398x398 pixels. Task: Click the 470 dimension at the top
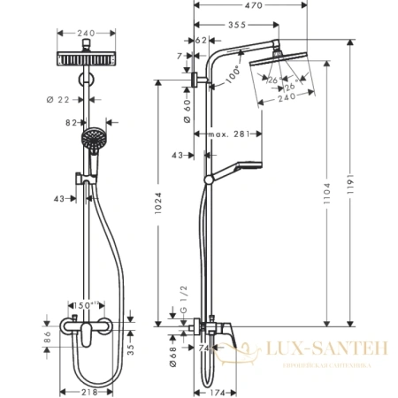[255, 5]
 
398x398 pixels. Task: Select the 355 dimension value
[235, 25]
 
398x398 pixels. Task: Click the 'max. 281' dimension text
[229, 134]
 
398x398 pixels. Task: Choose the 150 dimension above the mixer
[87, 306]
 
